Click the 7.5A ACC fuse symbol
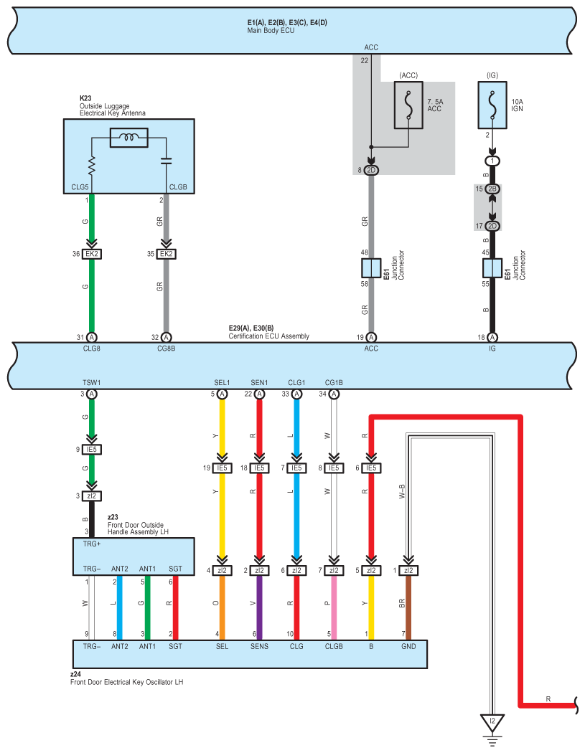[x=408, y=105]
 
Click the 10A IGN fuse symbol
[x=492, y=105]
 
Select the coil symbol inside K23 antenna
[x=128, y=138]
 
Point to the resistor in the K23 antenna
[x=91, y=166]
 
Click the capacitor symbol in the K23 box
[x=167, y=161]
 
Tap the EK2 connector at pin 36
[x=91, y=254]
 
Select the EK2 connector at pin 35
[x=167, y=254]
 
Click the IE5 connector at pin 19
[x=222, y=468]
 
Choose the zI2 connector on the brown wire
[x=408, y=570]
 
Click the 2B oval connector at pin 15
[x=492, y=189]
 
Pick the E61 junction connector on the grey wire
[x=371, y=268]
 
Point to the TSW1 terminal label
[x=91, y=383]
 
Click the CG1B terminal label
[x=334, y=383]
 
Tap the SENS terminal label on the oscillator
[x=259, y=646]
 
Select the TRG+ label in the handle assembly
[x=92, y=544]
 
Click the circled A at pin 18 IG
[x=492, y=337]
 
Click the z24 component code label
[x=75, y=674]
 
